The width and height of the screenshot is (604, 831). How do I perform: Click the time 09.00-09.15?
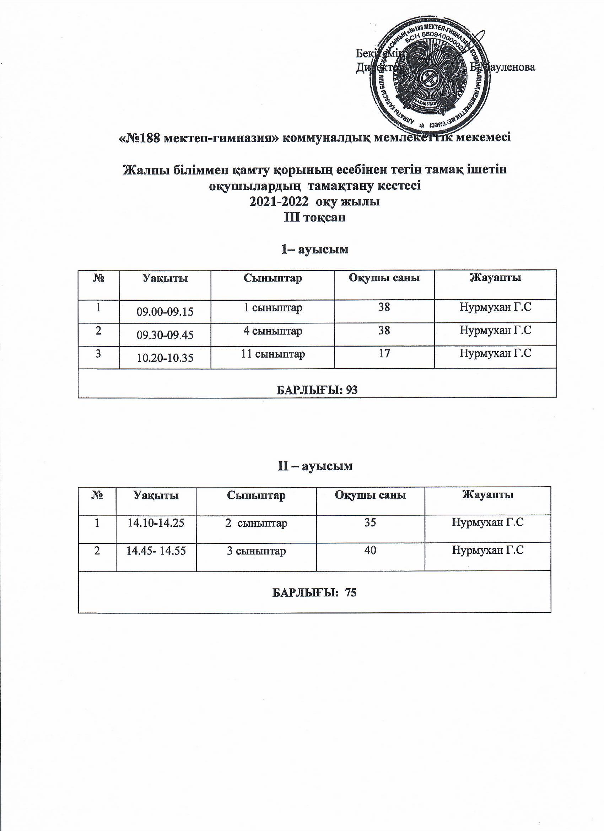point(165,312)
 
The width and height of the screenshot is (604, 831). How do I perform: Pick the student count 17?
point(384,354)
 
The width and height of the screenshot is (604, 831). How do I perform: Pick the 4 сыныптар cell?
point(273,331)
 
